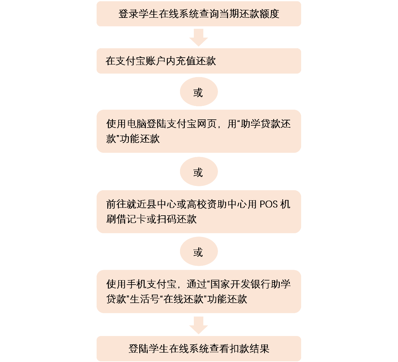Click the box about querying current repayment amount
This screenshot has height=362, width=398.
click(x=199, y=14)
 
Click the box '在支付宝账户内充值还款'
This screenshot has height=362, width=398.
click(x=199, y=61)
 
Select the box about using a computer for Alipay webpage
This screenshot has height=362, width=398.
click(x=199, y=131)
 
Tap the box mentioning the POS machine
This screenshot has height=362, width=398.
click(x=199, y=212)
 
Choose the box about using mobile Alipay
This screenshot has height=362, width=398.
click(x=199, y=291)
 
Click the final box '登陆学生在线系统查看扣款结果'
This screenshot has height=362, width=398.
click(x=199, y=349)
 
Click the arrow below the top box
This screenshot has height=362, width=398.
click(x=199, y=37)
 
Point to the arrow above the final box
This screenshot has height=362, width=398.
click(x=199, y=325)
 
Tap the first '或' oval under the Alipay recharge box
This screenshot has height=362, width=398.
click(x=199, y=92)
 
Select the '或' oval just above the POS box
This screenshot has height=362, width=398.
click(x=199, y=172)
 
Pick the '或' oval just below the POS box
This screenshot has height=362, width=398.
click(x=199, y=252)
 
